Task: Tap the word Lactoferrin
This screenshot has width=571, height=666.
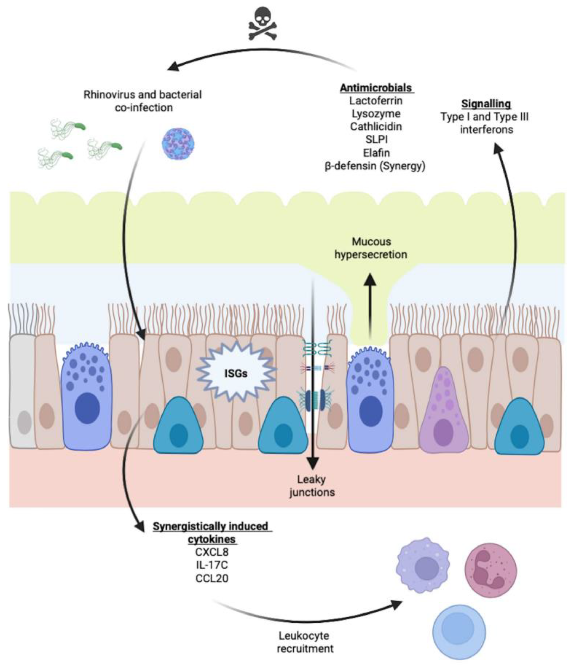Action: [x=376, y=101]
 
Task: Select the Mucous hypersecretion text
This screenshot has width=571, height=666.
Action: [x=371, y=248]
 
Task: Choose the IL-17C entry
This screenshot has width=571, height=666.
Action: [x=212, y=565]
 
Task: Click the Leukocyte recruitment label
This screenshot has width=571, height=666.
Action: [x=305, y=642]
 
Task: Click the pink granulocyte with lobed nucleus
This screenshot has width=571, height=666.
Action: [x=491, y=569]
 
